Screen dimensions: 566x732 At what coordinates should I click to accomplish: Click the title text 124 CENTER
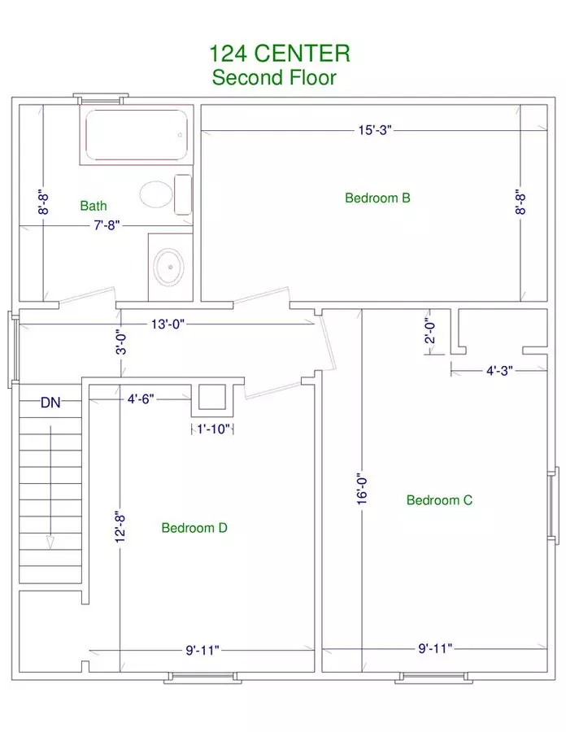click(279, 53)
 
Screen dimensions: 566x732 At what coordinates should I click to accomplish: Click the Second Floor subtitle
click(274, 77)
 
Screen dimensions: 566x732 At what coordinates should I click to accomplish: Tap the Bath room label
click(94, 206)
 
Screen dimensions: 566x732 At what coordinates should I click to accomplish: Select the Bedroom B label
click(377, 198)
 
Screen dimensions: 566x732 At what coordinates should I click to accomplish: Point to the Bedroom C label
click(439, 500)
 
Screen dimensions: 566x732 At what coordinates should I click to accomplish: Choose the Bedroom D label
click(194, 528)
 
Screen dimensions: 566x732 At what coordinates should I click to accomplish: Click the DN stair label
click(50, 403)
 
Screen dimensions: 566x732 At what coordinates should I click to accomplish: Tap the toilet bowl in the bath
click(156, 194)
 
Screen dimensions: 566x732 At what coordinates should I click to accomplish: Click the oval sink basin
click(169, 267)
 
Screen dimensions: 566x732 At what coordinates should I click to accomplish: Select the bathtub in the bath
click(137, 135)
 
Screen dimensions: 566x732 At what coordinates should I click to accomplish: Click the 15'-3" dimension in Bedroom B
click(375, 130)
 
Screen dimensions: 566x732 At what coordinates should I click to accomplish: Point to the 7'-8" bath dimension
click(107, 225)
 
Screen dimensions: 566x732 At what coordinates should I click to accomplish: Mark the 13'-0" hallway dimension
click(168, 324)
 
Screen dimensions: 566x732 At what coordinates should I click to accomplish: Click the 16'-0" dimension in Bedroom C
click(362, 490)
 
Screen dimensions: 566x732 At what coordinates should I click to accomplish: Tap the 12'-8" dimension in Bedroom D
click(120, 528)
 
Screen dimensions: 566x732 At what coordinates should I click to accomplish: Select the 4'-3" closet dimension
click(499, 371)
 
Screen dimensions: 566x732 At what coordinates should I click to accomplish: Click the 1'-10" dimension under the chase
click(213, 429)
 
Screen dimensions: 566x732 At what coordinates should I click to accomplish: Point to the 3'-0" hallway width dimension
click(121, 343)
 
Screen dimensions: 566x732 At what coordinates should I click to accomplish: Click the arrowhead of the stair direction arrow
click(50, 542)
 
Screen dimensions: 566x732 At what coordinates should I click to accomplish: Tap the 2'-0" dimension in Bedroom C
click(429, 331)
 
